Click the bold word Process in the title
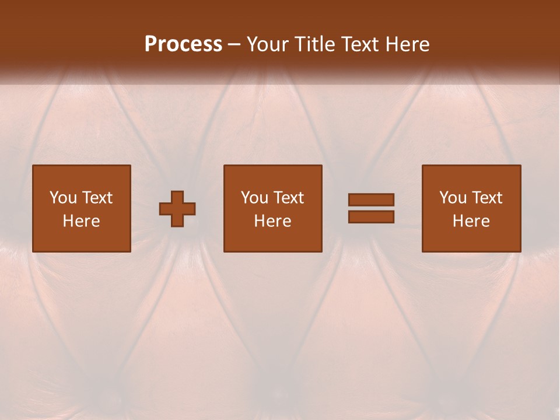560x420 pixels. [x=183, y=44]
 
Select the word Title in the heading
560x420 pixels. [x=313, y=44]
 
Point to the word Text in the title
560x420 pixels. [x=359, y=44]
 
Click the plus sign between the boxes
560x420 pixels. [x=177, y=208]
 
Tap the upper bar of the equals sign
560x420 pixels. [x=371, y=199]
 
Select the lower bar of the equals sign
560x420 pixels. [x=371, y=216]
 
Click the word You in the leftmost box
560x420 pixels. [x=63, y=198]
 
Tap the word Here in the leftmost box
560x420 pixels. [x=81, y=221]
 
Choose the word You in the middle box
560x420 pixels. [x=254, y=198]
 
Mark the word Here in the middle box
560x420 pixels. [x=272, y=221]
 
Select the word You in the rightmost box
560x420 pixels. [x=453, y=198]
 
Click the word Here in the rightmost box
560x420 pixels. [x=471, y=221]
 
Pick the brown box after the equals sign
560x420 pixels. [x=471, y=239]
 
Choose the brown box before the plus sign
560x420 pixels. [x=82, y=239]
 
